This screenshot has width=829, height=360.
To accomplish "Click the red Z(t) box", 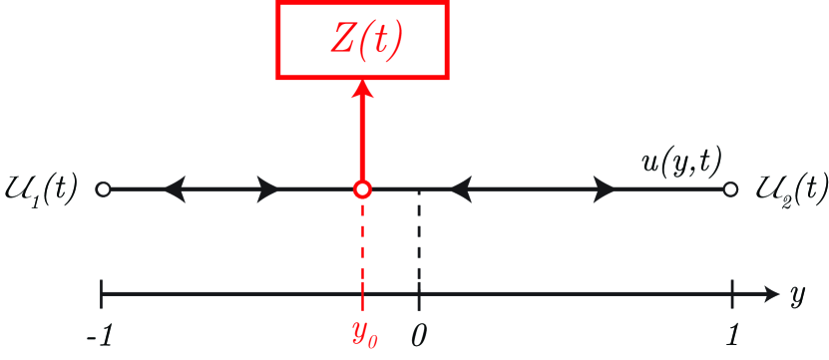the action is pyautogui.click(x=362, y=47).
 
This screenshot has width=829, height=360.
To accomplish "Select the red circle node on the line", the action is pyautogui.click(x=362, y=188).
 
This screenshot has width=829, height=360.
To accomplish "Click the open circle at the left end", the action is pyautogui.click(x=102, y=188).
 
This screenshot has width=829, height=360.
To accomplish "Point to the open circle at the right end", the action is pyautogui.click(x=731, y=188).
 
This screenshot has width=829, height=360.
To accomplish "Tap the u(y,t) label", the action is pyautogui.click(x=681, y=160).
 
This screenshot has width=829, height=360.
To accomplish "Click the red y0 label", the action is pyautogui.click(x=362, y=334).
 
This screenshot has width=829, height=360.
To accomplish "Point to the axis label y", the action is pyautogui.click(x=798, y=296).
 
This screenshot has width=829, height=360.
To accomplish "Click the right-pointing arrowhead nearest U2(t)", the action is pyautogui.click(x=604, y=188).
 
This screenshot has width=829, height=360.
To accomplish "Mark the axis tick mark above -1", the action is pyautogui.click(x=102, y=293).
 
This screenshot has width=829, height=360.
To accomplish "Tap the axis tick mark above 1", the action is pyautogui.click(x=733, y=293).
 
